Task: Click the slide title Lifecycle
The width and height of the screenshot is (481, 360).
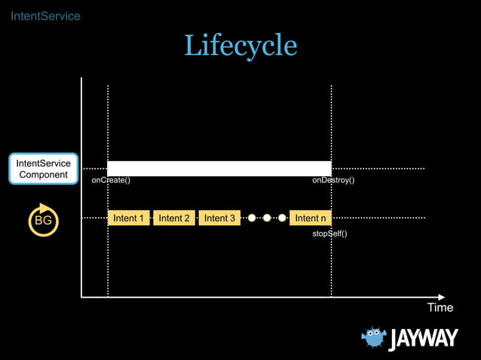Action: (x=240, y=46)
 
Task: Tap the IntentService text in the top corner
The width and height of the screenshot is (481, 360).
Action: (x=45, y=16)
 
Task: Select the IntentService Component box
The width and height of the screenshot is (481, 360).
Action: (x=44, y=169)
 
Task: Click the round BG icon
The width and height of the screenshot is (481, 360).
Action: (x=44, y=220)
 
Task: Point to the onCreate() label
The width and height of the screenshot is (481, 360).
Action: (x=111, y=181)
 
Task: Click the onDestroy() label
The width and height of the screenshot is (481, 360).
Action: (x=333, y=181)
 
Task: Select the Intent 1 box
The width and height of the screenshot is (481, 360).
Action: (x=129, y=218)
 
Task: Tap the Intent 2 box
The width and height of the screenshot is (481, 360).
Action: (x=174, y=218)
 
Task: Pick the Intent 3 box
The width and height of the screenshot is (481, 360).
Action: (x=219, y=218)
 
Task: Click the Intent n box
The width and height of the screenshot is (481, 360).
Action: (x=311, y=218)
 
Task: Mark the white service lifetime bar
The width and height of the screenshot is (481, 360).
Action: (x=219, y=168)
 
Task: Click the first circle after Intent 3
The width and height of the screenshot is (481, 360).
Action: (x=252, y=218)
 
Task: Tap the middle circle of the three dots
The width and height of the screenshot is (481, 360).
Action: (x=267, y=218)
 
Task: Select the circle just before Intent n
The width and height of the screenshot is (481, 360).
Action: (x=282, y=218)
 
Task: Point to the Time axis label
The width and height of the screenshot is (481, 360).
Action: (x=440, y=307)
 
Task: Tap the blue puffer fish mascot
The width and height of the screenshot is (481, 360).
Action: (x=374, y=338)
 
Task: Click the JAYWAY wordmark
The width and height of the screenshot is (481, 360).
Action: (x=423, y=340)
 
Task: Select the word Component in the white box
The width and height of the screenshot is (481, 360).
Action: (x=44, y=175)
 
